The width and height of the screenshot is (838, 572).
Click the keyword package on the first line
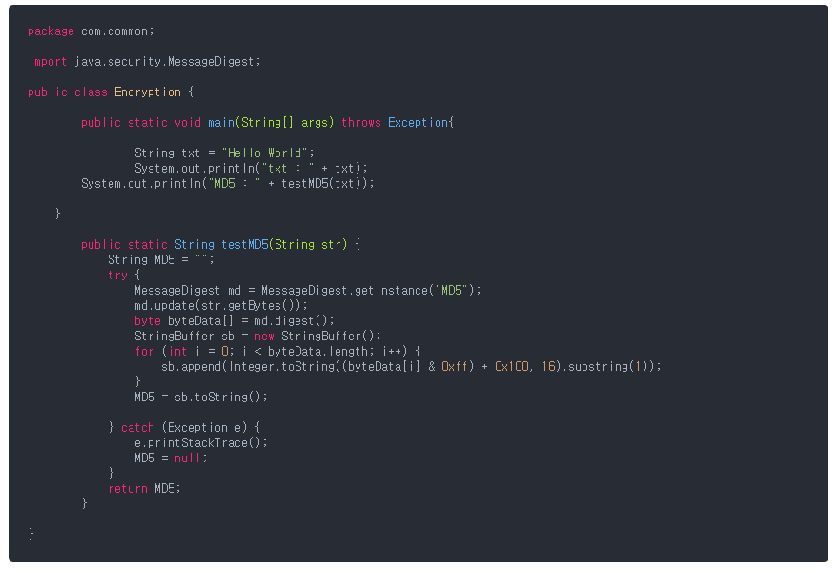(x=51, y=31)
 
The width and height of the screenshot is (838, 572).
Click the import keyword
(x=48, y=62)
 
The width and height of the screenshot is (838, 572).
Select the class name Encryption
(x=148, y=92)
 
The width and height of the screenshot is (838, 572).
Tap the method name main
(x=221, y=123)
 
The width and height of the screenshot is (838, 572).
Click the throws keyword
(x=361, y=123)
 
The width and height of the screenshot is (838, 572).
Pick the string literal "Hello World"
(x=267, y=153)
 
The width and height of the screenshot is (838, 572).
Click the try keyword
(x=117, y=276)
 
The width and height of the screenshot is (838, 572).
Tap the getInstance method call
(x=395, y=291)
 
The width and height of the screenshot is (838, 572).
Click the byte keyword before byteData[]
(x=148, y=321)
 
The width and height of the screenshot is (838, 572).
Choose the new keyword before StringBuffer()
(x=264, y=337)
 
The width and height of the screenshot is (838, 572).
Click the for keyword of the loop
(x=144, y=352)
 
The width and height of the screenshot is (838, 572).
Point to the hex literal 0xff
(x=455, y=367)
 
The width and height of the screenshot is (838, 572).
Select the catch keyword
(x=137, y=428)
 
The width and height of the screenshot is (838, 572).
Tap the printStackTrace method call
(x=200, y=443)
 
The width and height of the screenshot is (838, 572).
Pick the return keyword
(x=128, y=489)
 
